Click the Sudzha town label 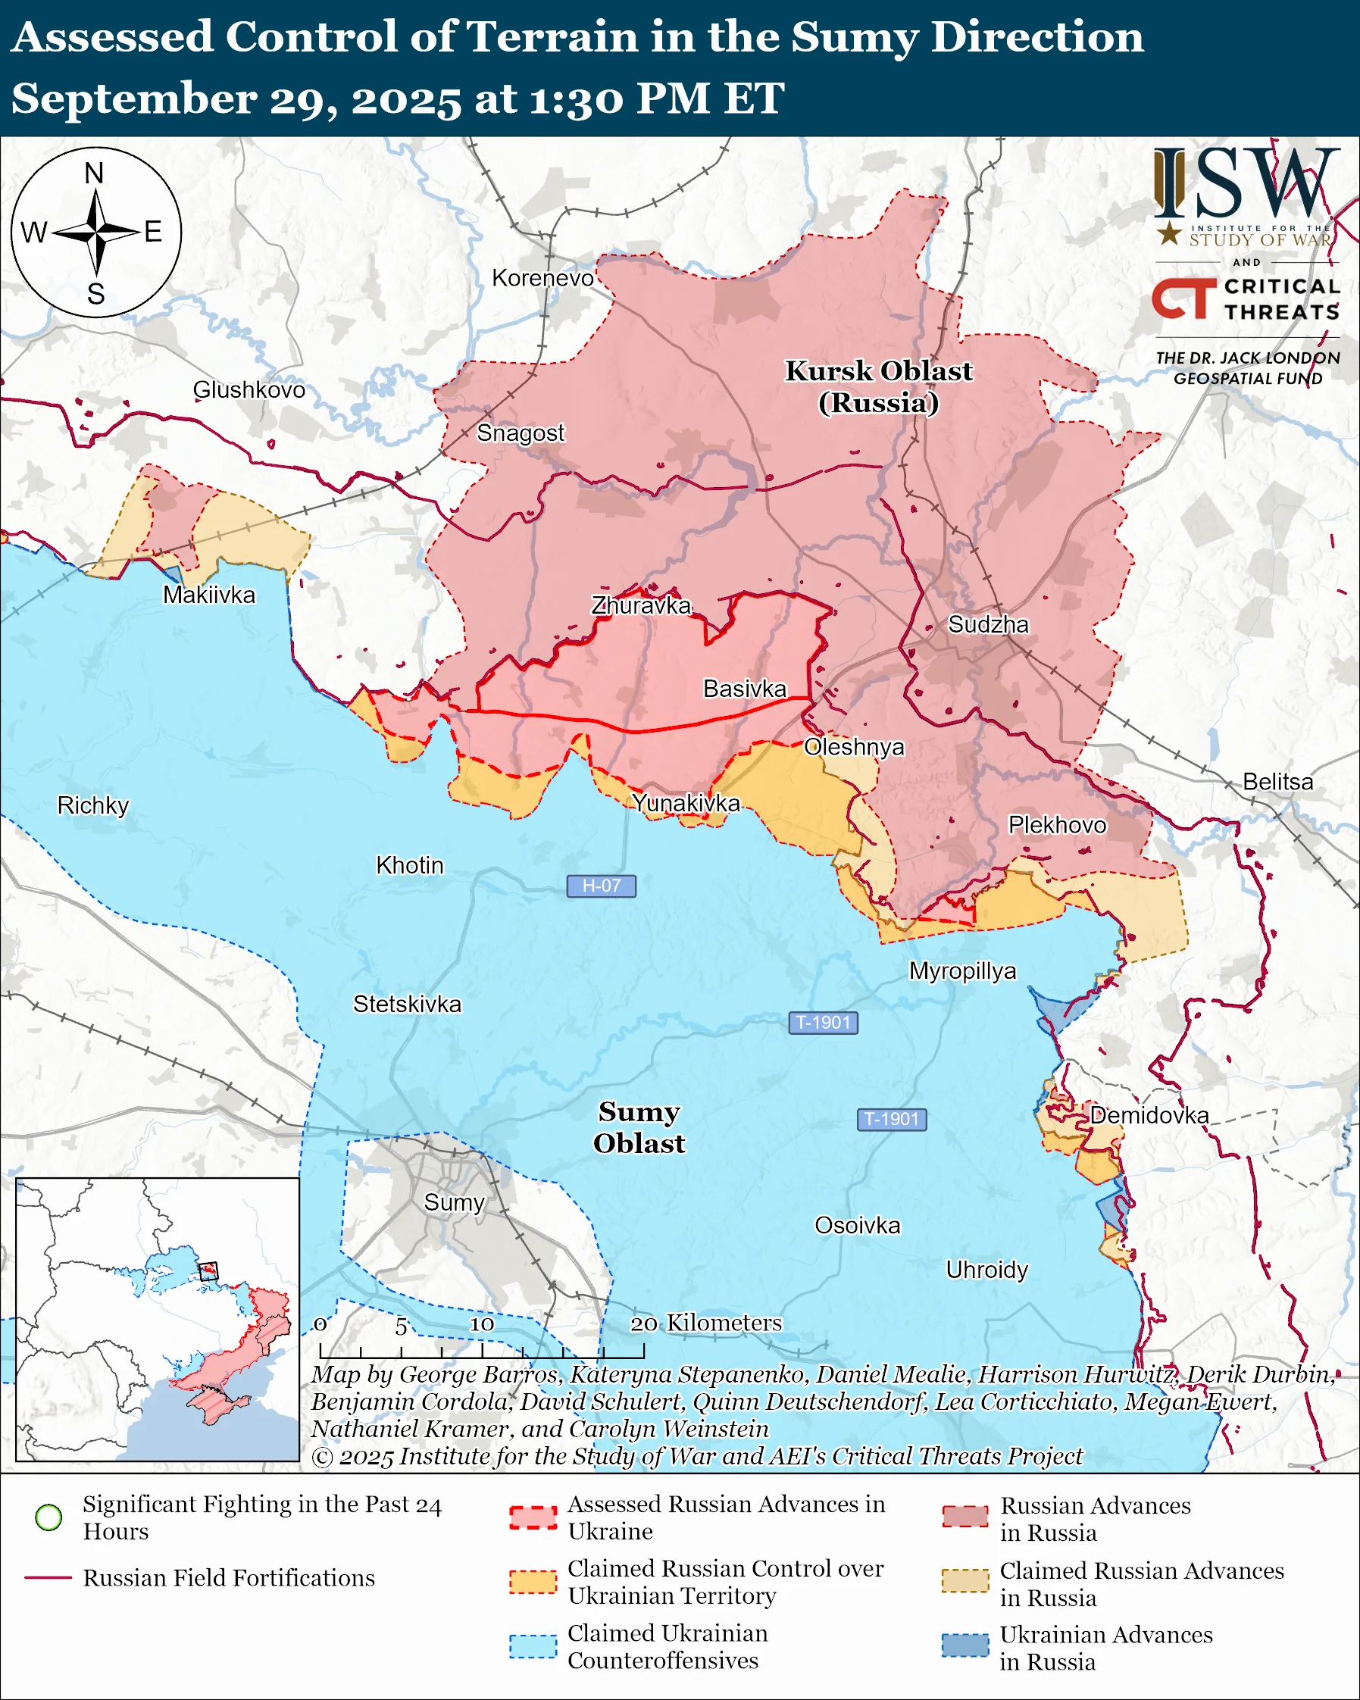point(988,624)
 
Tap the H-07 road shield point(601,886)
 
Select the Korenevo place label point(542,278)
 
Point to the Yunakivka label point(686,803)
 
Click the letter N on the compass point(94,173)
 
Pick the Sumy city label point(454,1202)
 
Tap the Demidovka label point(1149,1115)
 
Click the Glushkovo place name point(249,389)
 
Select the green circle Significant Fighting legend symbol point(49,1517)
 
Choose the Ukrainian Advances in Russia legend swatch point(965,1645)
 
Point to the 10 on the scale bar point(482,1324)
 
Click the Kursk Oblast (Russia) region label point(878,386)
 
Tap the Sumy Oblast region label point(639,1127)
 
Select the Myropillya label point(962,970)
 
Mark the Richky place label point(92,805)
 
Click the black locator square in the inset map point(208,1271)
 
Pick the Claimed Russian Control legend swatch point(532,1582)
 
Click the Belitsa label point(1277,781)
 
